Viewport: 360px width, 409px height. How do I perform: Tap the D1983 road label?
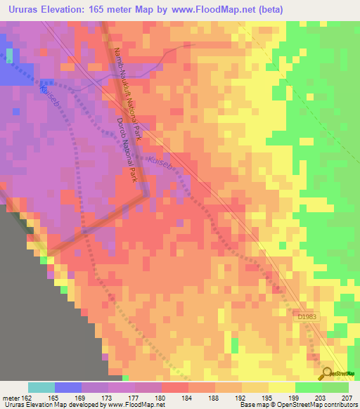point(307,318)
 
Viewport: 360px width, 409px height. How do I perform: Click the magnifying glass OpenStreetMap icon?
point(328,373)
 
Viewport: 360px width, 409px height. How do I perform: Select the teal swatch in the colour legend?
point(41,387)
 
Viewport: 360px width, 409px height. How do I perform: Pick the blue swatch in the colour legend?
point(68,387)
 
